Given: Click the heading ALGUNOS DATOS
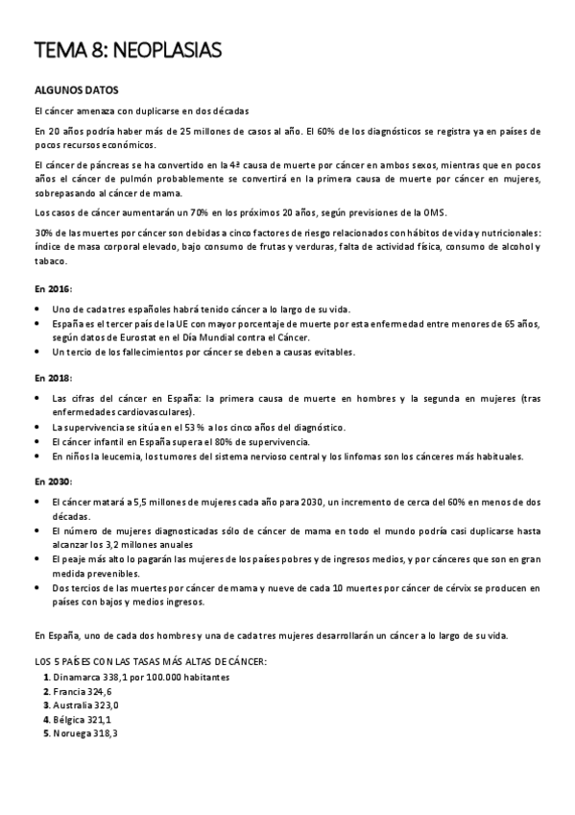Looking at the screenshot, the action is tap(76, 90).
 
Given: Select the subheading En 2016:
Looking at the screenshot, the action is tap(53, 289).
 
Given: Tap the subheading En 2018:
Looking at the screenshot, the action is tap(53, 378).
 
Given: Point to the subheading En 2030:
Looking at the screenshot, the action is tap(53, 481).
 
